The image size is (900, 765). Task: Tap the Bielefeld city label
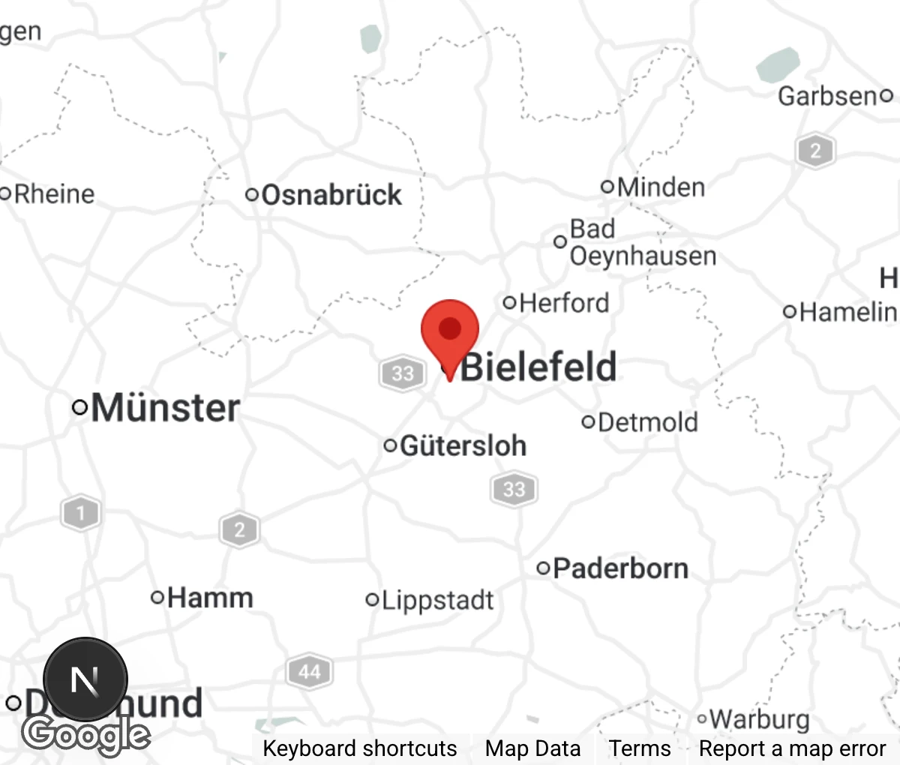pos(538,367)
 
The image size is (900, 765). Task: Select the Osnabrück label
pos(331,195)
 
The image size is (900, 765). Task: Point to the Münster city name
pos(165,408)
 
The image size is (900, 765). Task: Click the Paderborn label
pos(620,568)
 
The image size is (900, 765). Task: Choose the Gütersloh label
pos(463,446)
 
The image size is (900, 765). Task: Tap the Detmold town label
pos(648,422)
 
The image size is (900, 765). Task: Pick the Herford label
pos(563,303)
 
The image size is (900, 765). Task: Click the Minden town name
pos(661,187)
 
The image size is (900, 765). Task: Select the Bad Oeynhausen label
pos(643,242)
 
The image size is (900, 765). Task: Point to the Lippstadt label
pos(438,600)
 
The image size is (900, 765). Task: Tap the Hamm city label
pos(210,598)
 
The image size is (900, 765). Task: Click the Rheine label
pos(54,194)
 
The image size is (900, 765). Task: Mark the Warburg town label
pos(759,719)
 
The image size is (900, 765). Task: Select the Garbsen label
pos(827,96)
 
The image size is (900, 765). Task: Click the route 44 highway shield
pos(309,671)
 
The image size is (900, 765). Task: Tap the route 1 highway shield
pos(80,514)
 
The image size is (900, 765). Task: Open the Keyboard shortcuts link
pos(359,748)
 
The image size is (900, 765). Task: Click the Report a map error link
pos(792,748)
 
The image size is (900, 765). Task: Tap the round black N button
pos(85,679)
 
